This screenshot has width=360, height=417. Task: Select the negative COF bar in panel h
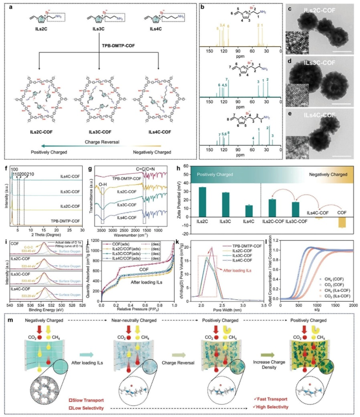[342, 222]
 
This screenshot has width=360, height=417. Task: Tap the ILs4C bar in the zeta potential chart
[249, 211]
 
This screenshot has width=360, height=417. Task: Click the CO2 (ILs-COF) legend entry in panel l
[336, 296]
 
